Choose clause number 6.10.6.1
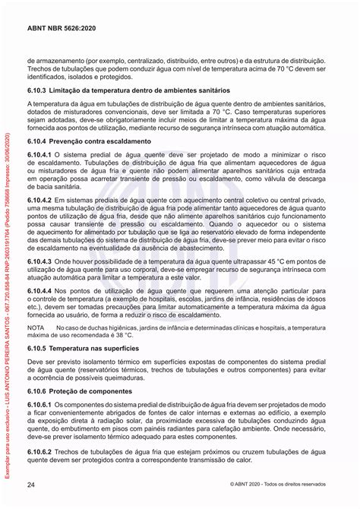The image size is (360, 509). [42, 405]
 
